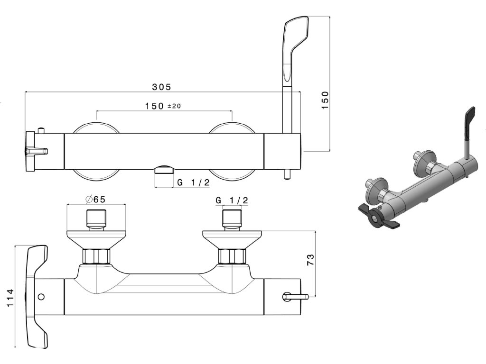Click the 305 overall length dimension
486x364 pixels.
(161, 87)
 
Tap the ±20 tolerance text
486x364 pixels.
(174, 106)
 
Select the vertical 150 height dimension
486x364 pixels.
(325, 100)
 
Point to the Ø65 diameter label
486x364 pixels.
(96, 200)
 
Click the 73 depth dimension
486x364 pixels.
(310, 259)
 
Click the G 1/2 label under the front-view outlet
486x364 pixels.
(193, 182)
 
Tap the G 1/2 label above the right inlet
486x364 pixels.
(232, 200)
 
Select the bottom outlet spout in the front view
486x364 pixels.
(165, 170)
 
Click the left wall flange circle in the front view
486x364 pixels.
(95, 151)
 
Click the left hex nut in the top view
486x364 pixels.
(96, 256)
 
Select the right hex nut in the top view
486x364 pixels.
(233, 256)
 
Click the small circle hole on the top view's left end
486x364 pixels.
(41, 297)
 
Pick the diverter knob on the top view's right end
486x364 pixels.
(295, 297)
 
